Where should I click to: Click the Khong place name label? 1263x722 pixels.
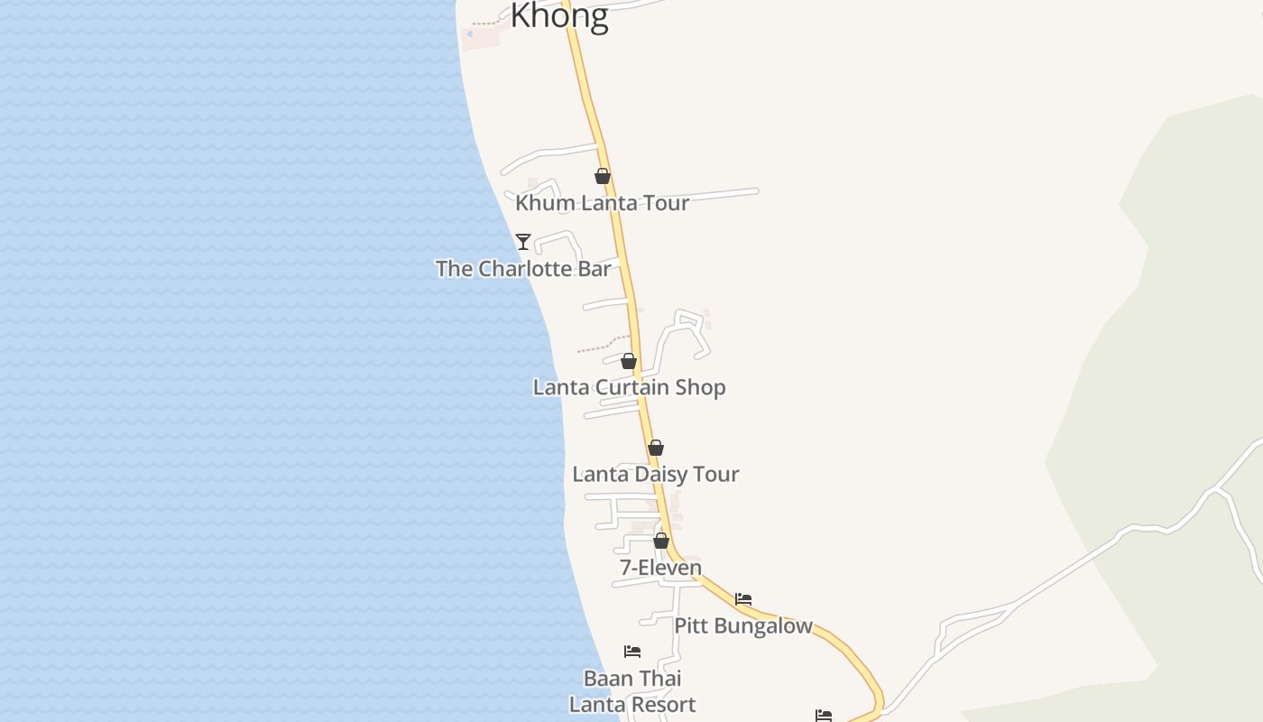point(559,15)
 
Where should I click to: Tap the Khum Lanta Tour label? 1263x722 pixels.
point(602,203)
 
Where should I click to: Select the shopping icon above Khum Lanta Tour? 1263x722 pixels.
point(603,176)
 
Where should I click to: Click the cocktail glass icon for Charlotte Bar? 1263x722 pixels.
point(522,241)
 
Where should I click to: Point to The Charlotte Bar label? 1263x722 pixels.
point(523,269)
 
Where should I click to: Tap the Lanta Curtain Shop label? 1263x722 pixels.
point(629,387)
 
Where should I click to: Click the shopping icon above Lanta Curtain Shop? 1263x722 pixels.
point(629,361)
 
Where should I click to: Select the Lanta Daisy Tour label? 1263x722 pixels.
point(656,474)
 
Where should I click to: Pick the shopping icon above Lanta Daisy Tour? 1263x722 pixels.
point(656,448)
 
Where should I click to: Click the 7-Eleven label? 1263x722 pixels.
point(660,568)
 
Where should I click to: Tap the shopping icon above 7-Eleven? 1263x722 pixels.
point(661,541)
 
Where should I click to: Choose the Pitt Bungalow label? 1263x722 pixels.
point(743,625)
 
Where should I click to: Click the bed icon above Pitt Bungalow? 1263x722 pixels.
point(743,598)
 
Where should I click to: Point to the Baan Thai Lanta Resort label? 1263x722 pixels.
point(632,691)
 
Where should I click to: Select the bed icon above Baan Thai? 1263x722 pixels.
point(632,651)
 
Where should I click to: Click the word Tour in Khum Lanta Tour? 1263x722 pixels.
point(665,203)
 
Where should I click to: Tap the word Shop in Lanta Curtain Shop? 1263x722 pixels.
point(702,387)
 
